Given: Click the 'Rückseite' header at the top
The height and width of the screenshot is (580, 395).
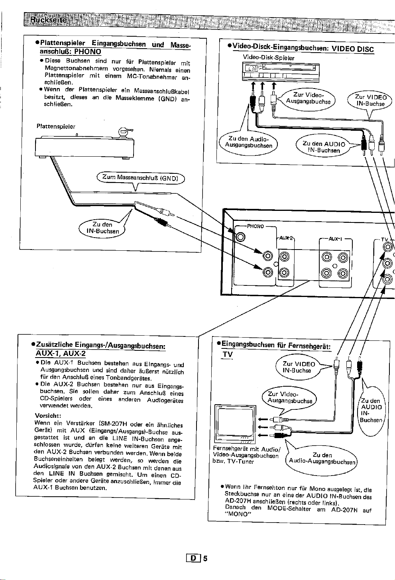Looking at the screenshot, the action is (48, 20).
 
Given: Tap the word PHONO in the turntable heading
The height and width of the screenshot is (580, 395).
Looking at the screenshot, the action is (88, 51).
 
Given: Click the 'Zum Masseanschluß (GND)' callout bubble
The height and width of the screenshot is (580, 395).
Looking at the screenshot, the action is (141, 178).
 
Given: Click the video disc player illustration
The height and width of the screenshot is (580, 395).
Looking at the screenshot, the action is (281, 73).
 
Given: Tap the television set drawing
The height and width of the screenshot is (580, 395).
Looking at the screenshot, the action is (235, 424).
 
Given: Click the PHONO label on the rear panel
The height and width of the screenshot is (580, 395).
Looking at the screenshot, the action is (255, 226).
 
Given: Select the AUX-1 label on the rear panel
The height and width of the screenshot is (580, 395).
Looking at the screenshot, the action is (335, 239).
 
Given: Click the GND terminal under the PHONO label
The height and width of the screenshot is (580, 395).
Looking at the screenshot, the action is (240, 237).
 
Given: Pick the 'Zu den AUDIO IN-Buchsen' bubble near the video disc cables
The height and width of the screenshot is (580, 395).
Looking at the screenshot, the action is (324, 147).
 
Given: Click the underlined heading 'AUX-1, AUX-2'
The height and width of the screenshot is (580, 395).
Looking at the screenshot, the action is (60, 354).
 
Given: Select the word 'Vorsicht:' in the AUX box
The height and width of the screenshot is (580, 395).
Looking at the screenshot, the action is (47, 416).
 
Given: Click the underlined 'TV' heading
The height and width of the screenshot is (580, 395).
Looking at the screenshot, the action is (228, 354).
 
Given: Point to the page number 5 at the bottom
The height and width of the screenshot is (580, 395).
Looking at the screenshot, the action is (205, 558).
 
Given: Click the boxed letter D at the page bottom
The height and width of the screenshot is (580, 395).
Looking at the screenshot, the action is (193, 558).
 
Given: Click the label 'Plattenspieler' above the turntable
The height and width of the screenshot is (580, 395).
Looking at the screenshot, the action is (56, 127).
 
